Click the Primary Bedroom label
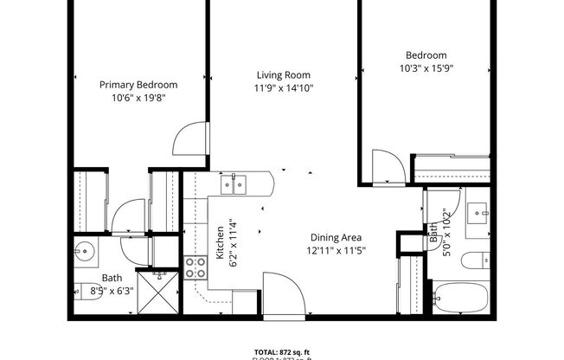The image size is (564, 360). [138, 85]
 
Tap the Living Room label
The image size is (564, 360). [282, 75]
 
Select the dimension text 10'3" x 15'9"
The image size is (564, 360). [426, 67]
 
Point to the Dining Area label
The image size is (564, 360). [336, 237]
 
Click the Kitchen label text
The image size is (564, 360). [221, 238]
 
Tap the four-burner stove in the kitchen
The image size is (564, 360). [195, 267]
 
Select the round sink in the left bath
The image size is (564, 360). [85, 253]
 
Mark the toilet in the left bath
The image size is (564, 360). [83, 292]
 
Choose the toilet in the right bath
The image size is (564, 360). [477, 259]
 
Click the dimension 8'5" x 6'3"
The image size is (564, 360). [112, 291]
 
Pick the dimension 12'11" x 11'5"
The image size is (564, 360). [336, 250]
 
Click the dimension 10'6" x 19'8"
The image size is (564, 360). [138, 98]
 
